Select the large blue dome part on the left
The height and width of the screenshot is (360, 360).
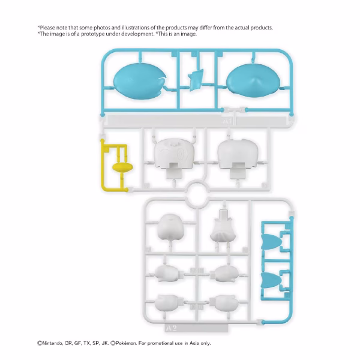[x=140, y=81]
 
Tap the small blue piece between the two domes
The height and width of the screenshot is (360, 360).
[x=196, y=80]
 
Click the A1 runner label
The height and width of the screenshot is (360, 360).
[x=227, y=121]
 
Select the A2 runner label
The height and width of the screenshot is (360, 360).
[x=171, y=328]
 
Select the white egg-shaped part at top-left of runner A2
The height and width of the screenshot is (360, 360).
[x=170, y=227]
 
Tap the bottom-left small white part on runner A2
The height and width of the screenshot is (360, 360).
[x=167, y=303]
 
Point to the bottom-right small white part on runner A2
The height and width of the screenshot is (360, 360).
[x=225, y=303]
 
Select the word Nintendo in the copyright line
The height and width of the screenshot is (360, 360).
[x=52, y=343]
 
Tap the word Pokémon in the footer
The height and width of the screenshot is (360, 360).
[x=126, y=343]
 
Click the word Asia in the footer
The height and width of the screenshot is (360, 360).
[x=194, y=343]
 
